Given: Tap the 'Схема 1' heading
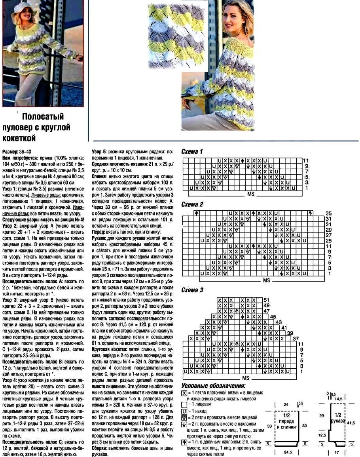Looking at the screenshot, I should [x=192, y=152].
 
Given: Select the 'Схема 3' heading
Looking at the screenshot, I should [x=192, y=290].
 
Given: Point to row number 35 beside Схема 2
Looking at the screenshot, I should [x=328, y=213].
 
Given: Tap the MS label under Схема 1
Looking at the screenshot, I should [x=251, y=194].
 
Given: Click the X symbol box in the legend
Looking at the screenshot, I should [x=184, y=393].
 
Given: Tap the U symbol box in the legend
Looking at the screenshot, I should [x=184, y=411].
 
